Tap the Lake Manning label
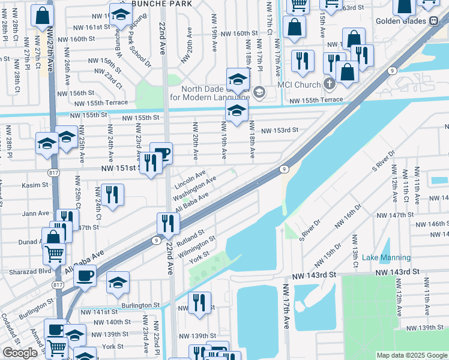[x=386, y=257]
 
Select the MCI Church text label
[x=300, y=84]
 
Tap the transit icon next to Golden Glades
[x=433, y=20]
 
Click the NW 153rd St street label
[x=280, y=130]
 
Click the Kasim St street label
[x=34, y=185]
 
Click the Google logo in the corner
[x=20, y=353]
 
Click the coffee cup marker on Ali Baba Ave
[x=85, y=275]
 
